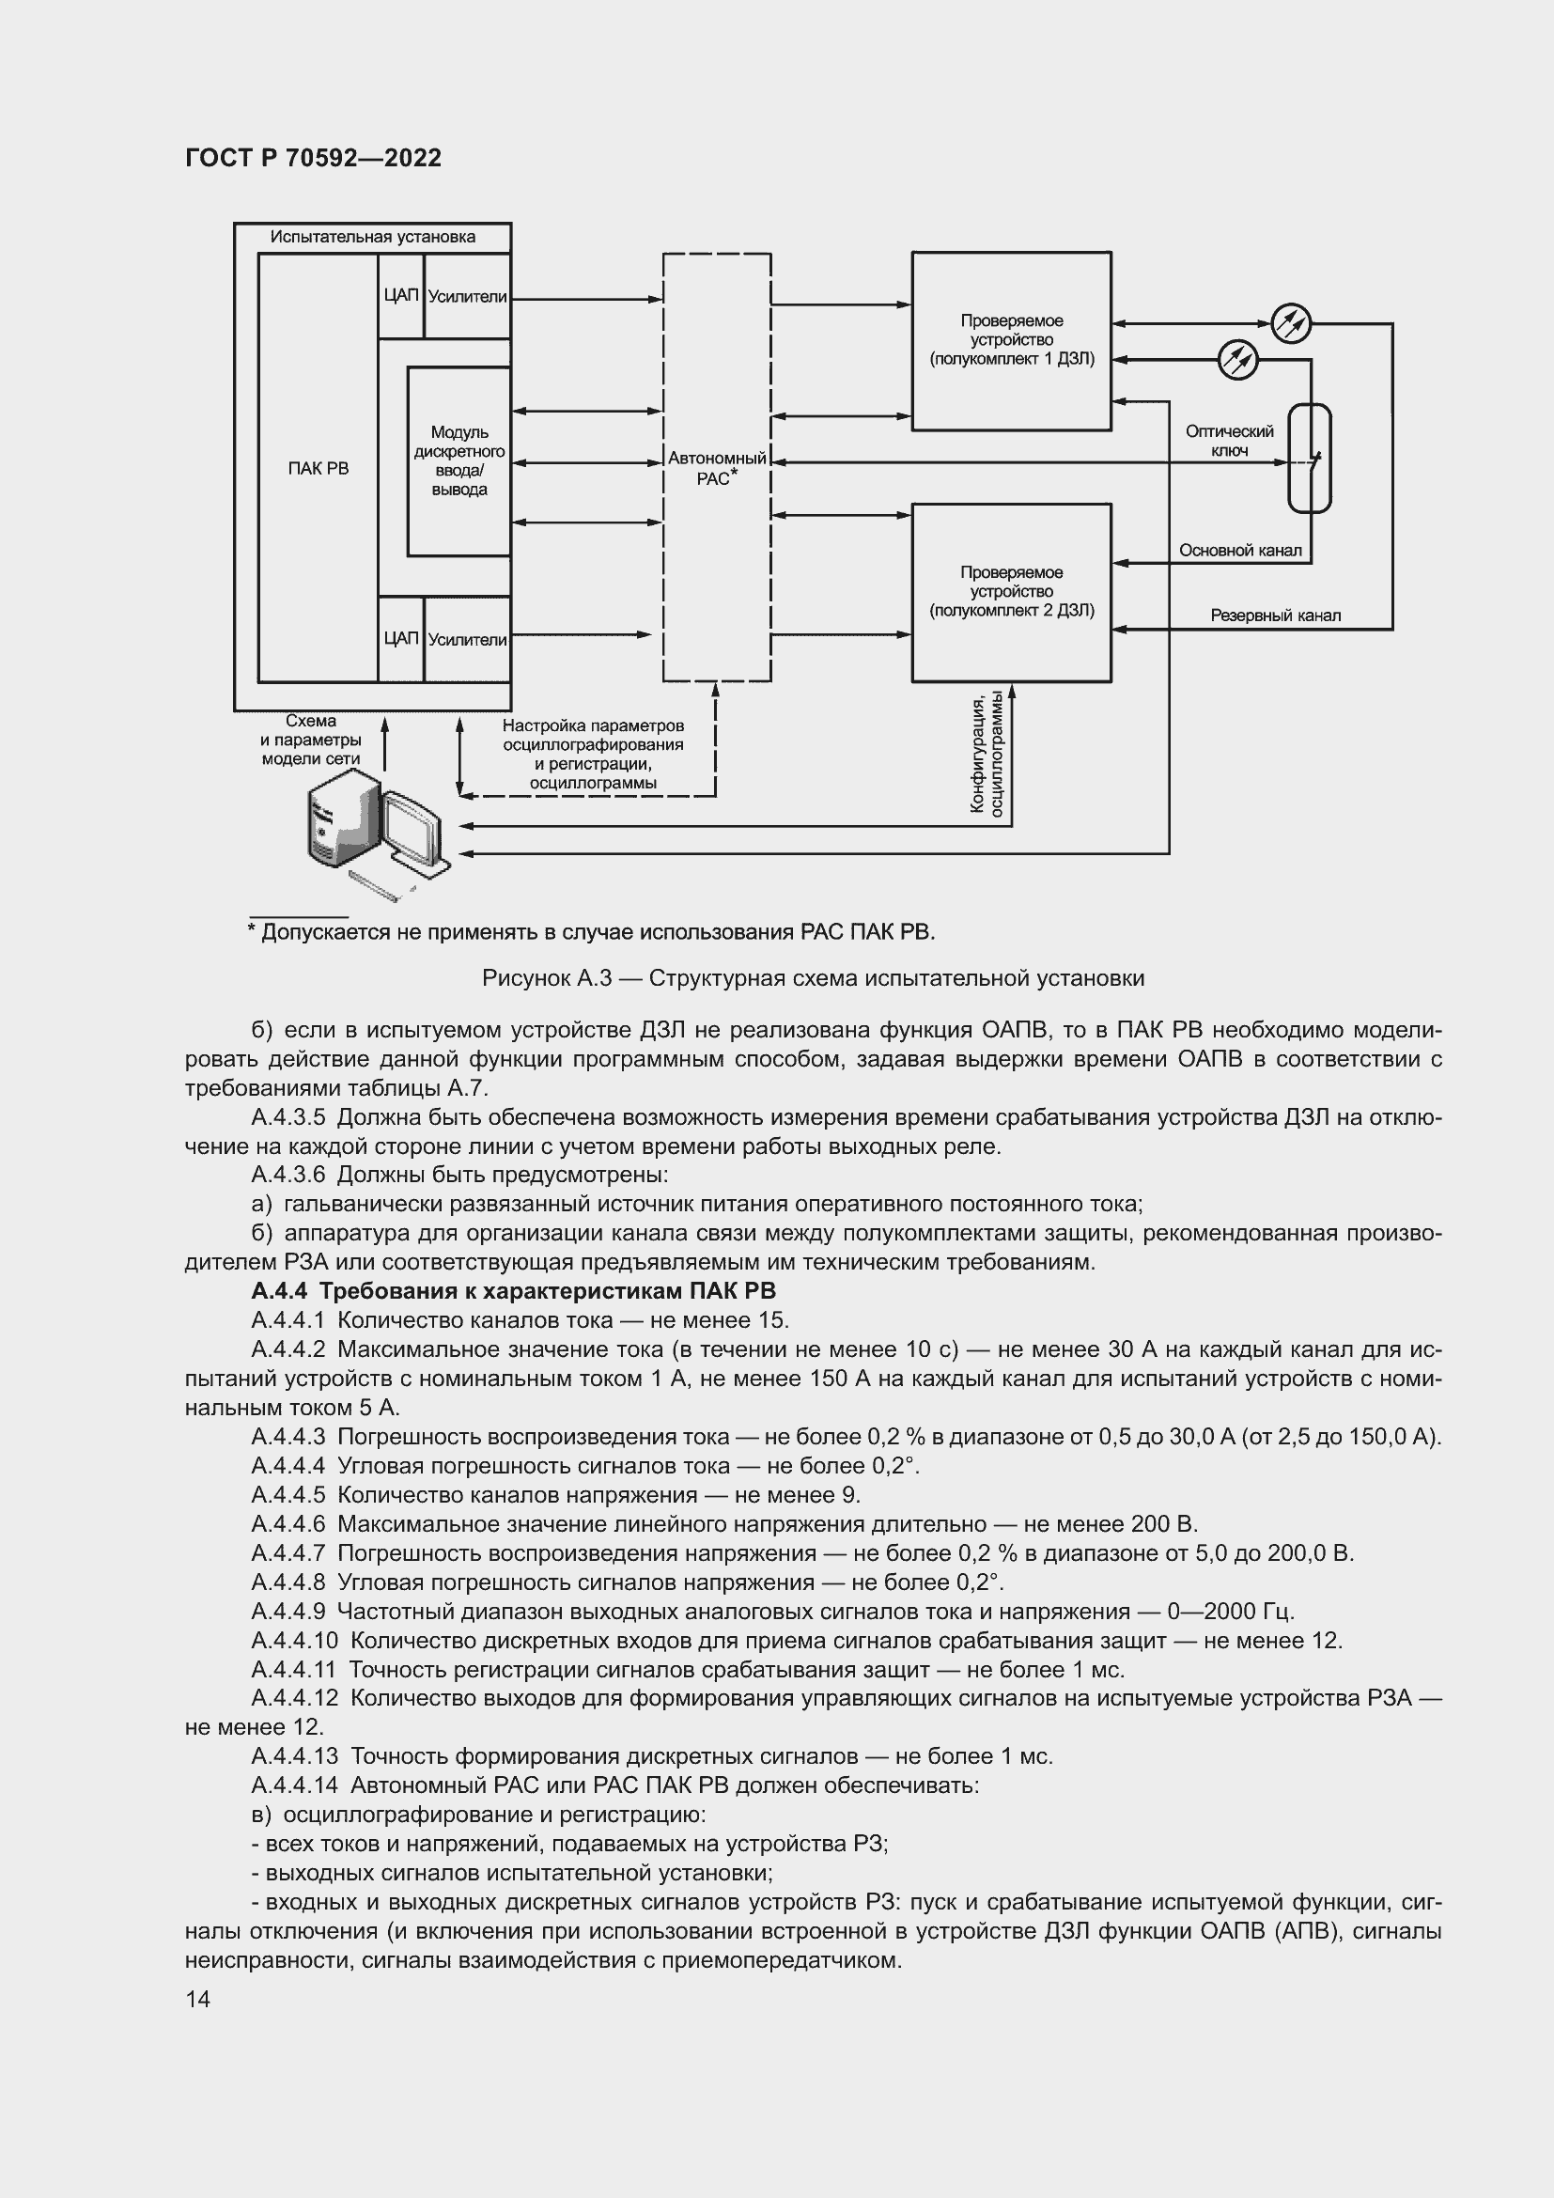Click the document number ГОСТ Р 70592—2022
click(313, 158)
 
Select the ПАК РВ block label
click(319, 468)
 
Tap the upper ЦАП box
click(401, 296)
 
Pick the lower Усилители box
click(467, 640)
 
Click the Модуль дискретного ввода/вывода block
click(458, 461)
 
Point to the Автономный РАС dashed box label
click(717, 468)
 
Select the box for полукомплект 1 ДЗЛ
click(1011, 340)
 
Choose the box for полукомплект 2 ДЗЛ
click(1011, 592)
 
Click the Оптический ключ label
click(1229, 442)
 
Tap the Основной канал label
click(1239, 551)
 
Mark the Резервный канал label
click(1275, 616)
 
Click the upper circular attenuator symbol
click(1290, 322)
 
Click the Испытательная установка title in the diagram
click(372, 238)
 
